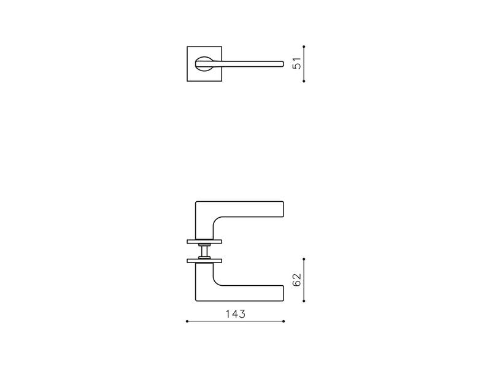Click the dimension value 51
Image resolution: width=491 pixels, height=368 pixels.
[x=297, y=64]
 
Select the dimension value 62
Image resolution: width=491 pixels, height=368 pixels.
[x=297, y=280]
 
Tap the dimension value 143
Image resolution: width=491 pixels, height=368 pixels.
[x=236, y=314]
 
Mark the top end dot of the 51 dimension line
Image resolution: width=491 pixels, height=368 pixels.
[x=304, y=47]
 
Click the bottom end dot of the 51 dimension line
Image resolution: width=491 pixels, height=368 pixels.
[x=304, y=81]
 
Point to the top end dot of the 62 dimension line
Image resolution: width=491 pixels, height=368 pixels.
[x=304, y=259]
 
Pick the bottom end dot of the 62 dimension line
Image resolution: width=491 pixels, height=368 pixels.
[x=304, y=301]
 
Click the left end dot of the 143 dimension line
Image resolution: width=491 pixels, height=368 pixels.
[x=187, y=321]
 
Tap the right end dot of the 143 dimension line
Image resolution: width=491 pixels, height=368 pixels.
[x=284, y=321]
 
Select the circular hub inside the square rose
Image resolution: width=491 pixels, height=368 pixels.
[x=204, y=64]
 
